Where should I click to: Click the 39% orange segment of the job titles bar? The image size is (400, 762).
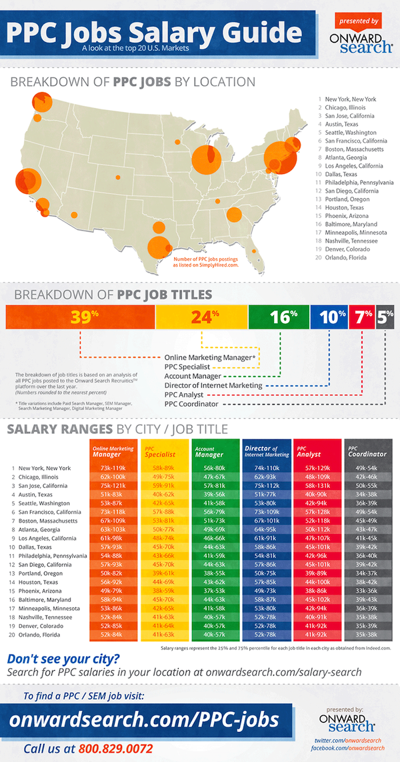coord(80,317)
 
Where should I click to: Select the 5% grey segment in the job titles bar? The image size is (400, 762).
coord(385,317)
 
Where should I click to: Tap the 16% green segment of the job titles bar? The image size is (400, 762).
coord(278,317)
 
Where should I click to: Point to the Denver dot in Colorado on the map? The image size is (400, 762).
coord(119,178)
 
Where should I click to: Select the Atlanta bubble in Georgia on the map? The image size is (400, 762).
coord(234,215)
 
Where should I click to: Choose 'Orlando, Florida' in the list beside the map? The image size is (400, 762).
coord(347,257)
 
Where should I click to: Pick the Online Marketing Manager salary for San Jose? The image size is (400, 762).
coord(113,487)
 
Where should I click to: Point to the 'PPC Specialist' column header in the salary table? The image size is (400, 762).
coord(163,451)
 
